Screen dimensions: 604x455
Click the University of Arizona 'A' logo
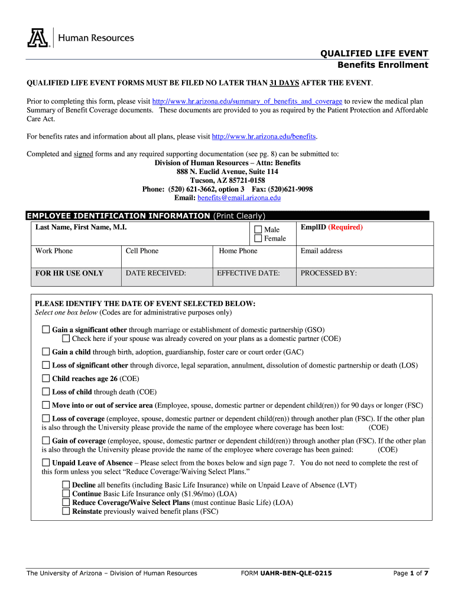pyautogui.click(x=37, y=38)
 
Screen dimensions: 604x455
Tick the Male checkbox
pyautogui.click(x=258, y=229)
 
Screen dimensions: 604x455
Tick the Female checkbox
pyautogui.click(x=258, y=239)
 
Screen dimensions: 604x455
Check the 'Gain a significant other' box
pyautogui.click(x=46, y=330)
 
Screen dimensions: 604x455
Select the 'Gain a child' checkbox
pyautogui.click(x=46, y=352)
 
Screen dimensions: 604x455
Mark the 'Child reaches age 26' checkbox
pyautogui.click(x=46, y=379)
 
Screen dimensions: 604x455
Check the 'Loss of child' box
pyautogui.click(x=46, y=392)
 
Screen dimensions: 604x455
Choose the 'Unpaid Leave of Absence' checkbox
pyautogui.click(x=46, y=462)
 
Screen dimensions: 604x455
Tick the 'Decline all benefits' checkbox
pyautogui.click(x=66, y=484)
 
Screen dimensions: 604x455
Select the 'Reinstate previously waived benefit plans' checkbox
pyautogui.click(x=66, y=511)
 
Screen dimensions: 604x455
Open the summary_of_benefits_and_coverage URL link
pyautogui.click(x=248, y=101)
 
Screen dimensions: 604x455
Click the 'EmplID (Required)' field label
pyautogui.click(x=331, y=227)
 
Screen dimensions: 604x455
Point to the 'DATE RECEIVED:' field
pyautogui.click(x=156, y=273)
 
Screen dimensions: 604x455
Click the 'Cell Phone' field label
pyautogui.click(x=142, y=251)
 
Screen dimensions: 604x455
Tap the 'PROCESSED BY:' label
pyautogui.click(x=329, y=273)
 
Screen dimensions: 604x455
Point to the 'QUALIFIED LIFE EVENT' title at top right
pyautogui.click(x=374, y=54)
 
